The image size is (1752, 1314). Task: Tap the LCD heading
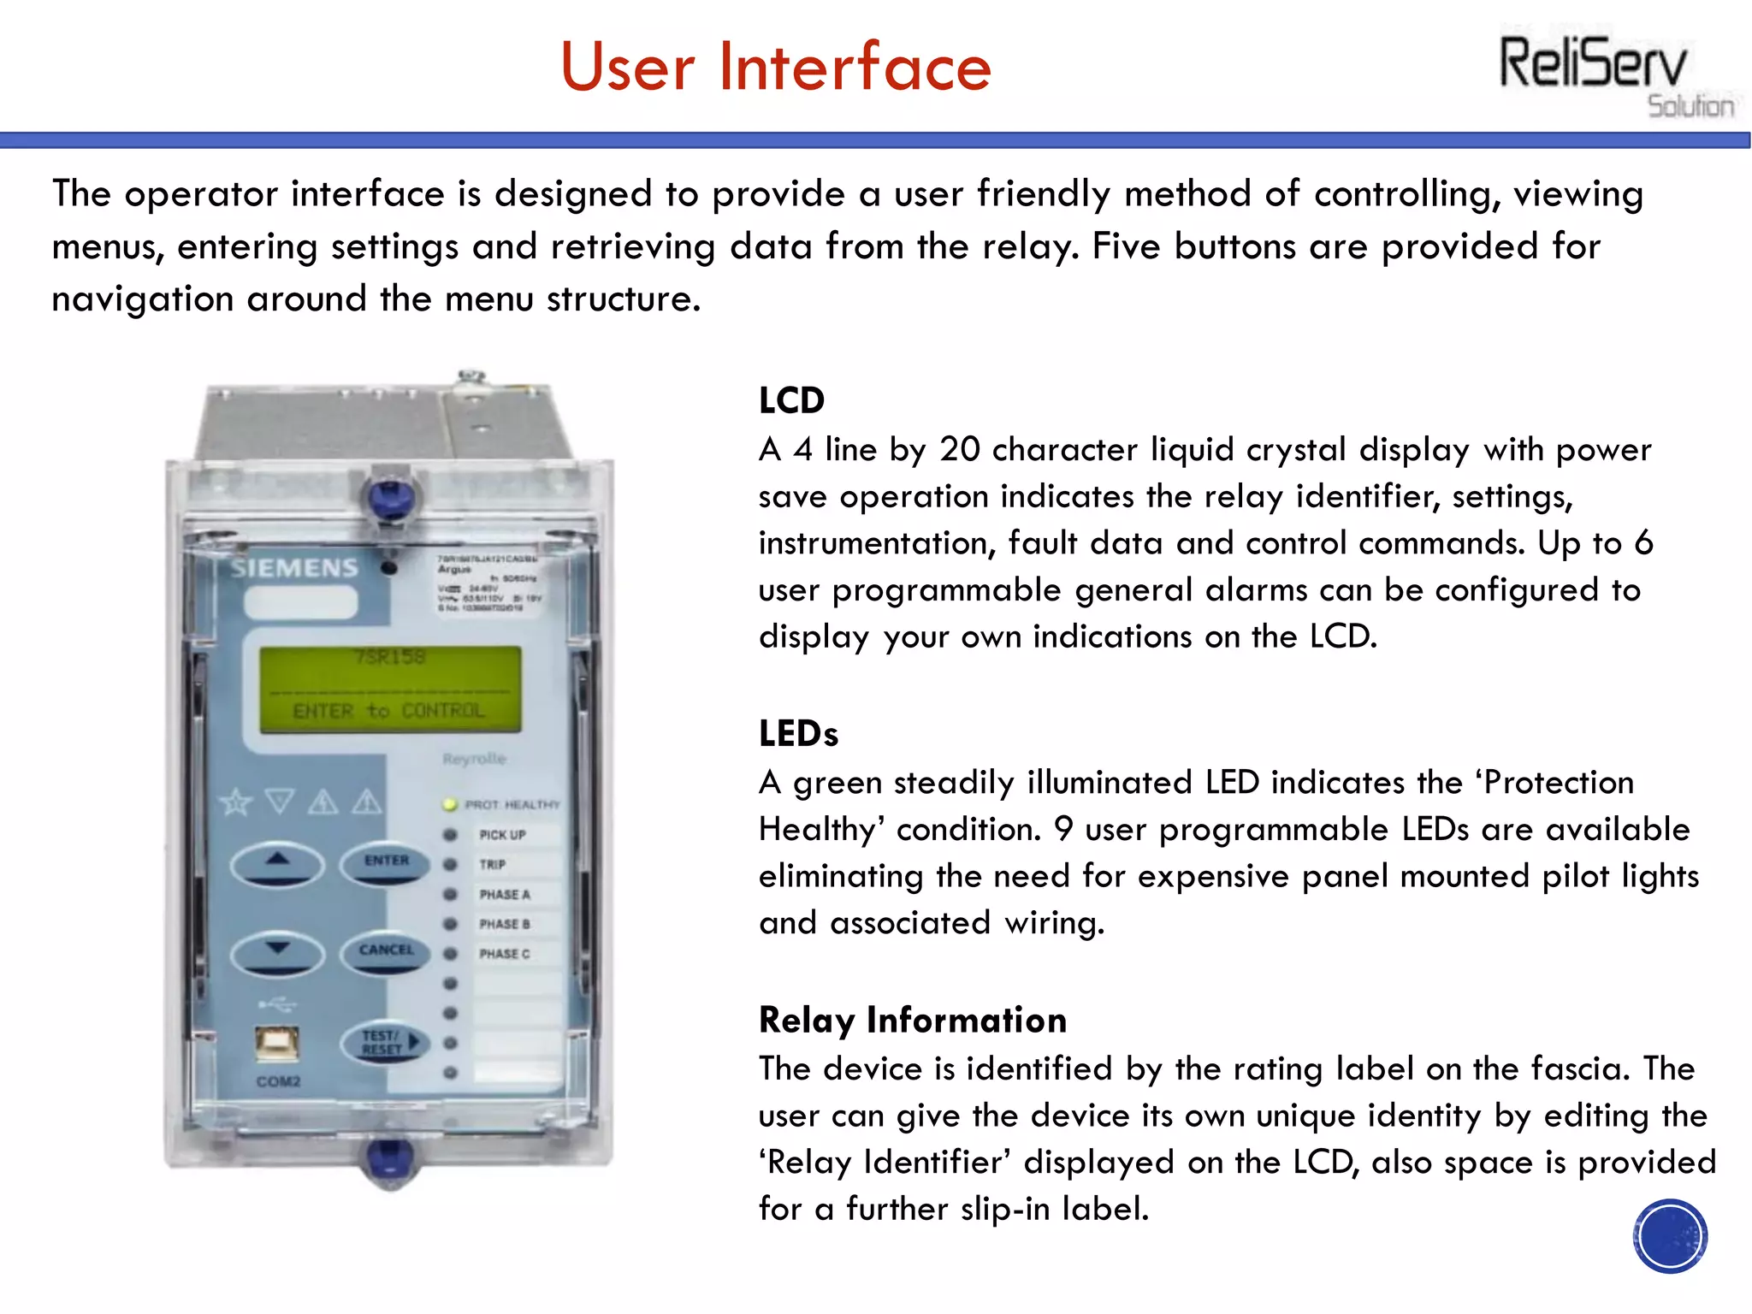pos(791,400)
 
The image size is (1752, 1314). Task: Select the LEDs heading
pos(798,734)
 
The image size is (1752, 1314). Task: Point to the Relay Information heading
pos(912,1020)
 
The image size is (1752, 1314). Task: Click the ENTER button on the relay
pos(386,862)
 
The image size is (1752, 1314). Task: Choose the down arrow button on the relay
pos(277,951)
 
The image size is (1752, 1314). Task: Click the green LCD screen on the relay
pos(390,689)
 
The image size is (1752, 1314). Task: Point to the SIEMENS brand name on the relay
pos(293,568)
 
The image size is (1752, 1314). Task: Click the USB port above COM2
pos(277,1043)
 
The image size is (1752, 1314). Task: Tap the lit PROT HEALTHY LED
pos(450,804)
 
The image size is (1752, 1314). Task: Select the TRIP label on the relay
pos(493,865)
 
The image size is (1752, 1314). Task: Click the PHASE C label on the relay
pos(504,954)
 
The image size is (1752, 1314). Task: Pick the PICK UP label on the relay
pos(502,835)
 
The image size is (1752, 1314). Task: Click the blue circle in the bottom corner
pos(1669,1235)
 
